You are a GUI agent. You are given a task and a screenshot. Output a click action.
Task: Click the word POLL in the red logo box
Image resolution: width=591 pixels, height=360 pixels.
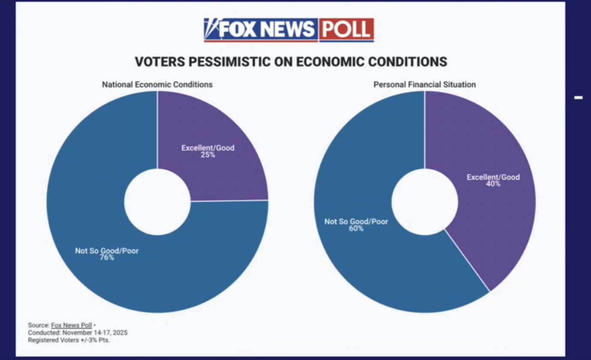click(x=346, y=30)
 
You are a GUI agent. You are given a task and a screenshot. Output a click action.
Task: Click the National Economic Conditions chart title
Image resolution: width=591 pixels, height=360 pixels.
click(x=157, y=84)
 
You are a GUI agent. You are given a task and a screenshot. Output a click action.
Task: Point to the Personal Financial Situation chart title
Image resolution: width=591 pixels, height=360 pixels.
click(x=424, y=84)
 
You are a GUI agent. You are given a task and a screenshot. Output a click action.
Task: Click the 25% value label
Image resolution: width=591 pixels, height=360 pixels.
click(x=208, y=155)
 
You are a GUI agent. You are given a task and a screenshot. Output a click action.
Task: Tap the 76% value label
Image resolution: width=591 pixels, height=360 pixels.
click(x=107, y=258)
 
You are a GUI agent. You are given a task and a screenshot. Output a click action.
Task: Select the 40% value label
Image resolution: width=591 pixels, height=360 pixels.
click(x=493, y=184)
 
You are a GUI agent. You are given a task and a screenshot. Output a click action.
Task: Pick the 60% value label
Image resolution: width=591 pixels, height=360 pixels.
click(x=356, y=228)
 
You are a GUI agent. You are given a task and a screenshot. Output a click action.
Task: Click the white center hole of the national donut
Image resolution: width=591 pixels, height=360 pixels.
click(x=157, y=201)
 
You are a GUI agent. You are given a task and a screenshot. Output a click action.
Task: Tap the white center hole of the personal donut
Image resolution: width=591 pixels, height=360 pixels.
click(x=425, y=201)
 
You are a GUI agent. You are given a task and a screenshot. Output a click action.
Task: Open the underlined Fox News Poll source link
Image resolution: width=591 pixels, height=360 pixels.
click(x=71, y=325)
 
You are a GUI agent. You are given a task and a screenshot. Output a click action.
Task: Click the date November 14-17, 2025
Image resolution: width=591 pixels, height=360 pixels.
click(x=95, y=333)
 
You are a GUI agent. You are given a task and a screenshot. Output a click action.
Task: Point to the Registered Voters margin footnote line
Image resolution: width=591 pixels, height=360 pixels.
click(x=69, y=340)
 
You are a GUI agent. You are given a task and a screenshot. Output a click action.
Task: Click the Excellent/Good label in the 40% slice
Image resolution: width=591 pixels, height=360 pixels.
click(x=493, y=177)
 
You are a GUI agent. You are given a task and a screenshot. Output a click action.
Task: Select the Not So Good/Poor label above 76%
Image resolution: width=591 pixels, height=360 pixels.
click(x=107, y=251)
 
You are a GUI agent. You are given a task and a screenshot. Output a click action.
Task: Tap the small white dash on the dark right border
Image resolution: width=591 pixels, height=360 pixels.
click(x=578, y=98)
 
